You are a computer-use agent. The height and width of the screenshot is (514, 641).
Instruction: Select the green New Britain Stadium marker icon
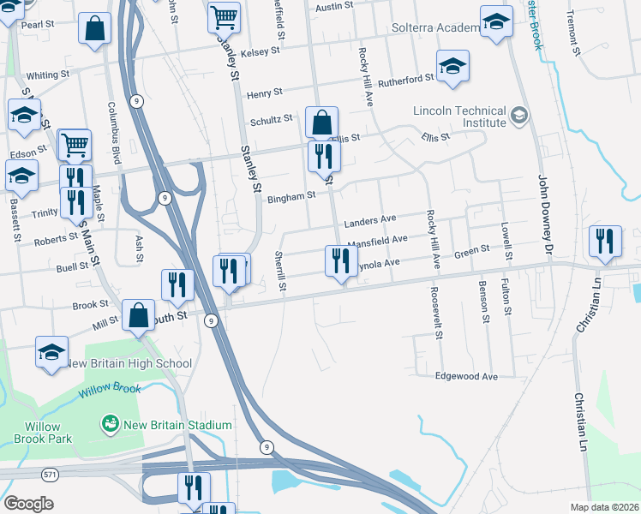[x=110, y=423]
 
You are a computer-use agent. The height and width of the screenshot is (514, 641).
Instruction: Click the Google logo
[x=28, y=504]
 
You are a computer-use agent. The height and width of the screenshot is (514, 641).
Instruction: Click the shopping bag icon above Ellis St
[x=321, y=123]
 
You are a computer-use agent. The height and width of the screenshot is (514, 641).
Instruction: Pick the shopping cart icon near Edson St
[x=75, y=145]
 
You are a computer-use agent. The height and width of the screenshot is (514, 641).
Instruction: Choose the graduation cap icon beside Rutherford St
[x=452, y=66]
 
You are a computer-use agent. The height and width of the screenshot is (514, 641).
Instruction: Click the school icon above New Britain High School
[x=51, y=351]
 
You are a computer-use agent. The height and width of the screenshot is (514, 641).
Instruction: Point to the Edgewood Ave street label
[x=466, y=376]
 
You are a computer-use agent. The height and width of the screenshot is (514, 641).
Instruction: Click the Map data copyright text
[x=604, y=507]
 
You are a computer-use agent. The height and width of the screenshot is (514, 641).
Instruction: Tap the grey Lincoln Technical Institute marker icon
[x=518, y=115]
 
